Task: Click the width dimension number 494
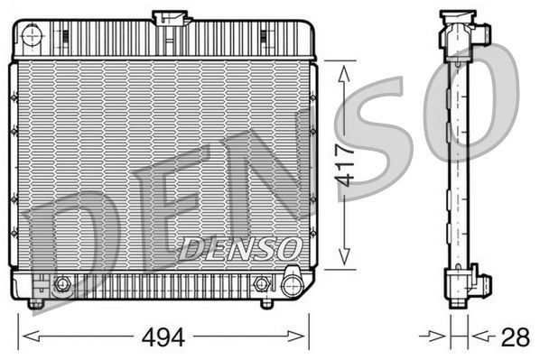click(163, 338)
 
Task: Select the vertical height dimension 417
click(342, 166)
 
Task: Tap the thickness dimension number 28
click(515, 338)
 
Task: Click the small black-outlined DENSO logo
click(239, 245)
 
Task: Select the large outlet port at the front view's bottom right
click(291, 286)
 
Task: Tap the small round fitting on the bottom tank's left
click(61, 285)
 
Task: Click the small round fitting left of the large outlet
click(262, 283)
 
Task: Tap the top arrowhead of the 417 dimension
click(342, 69)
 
